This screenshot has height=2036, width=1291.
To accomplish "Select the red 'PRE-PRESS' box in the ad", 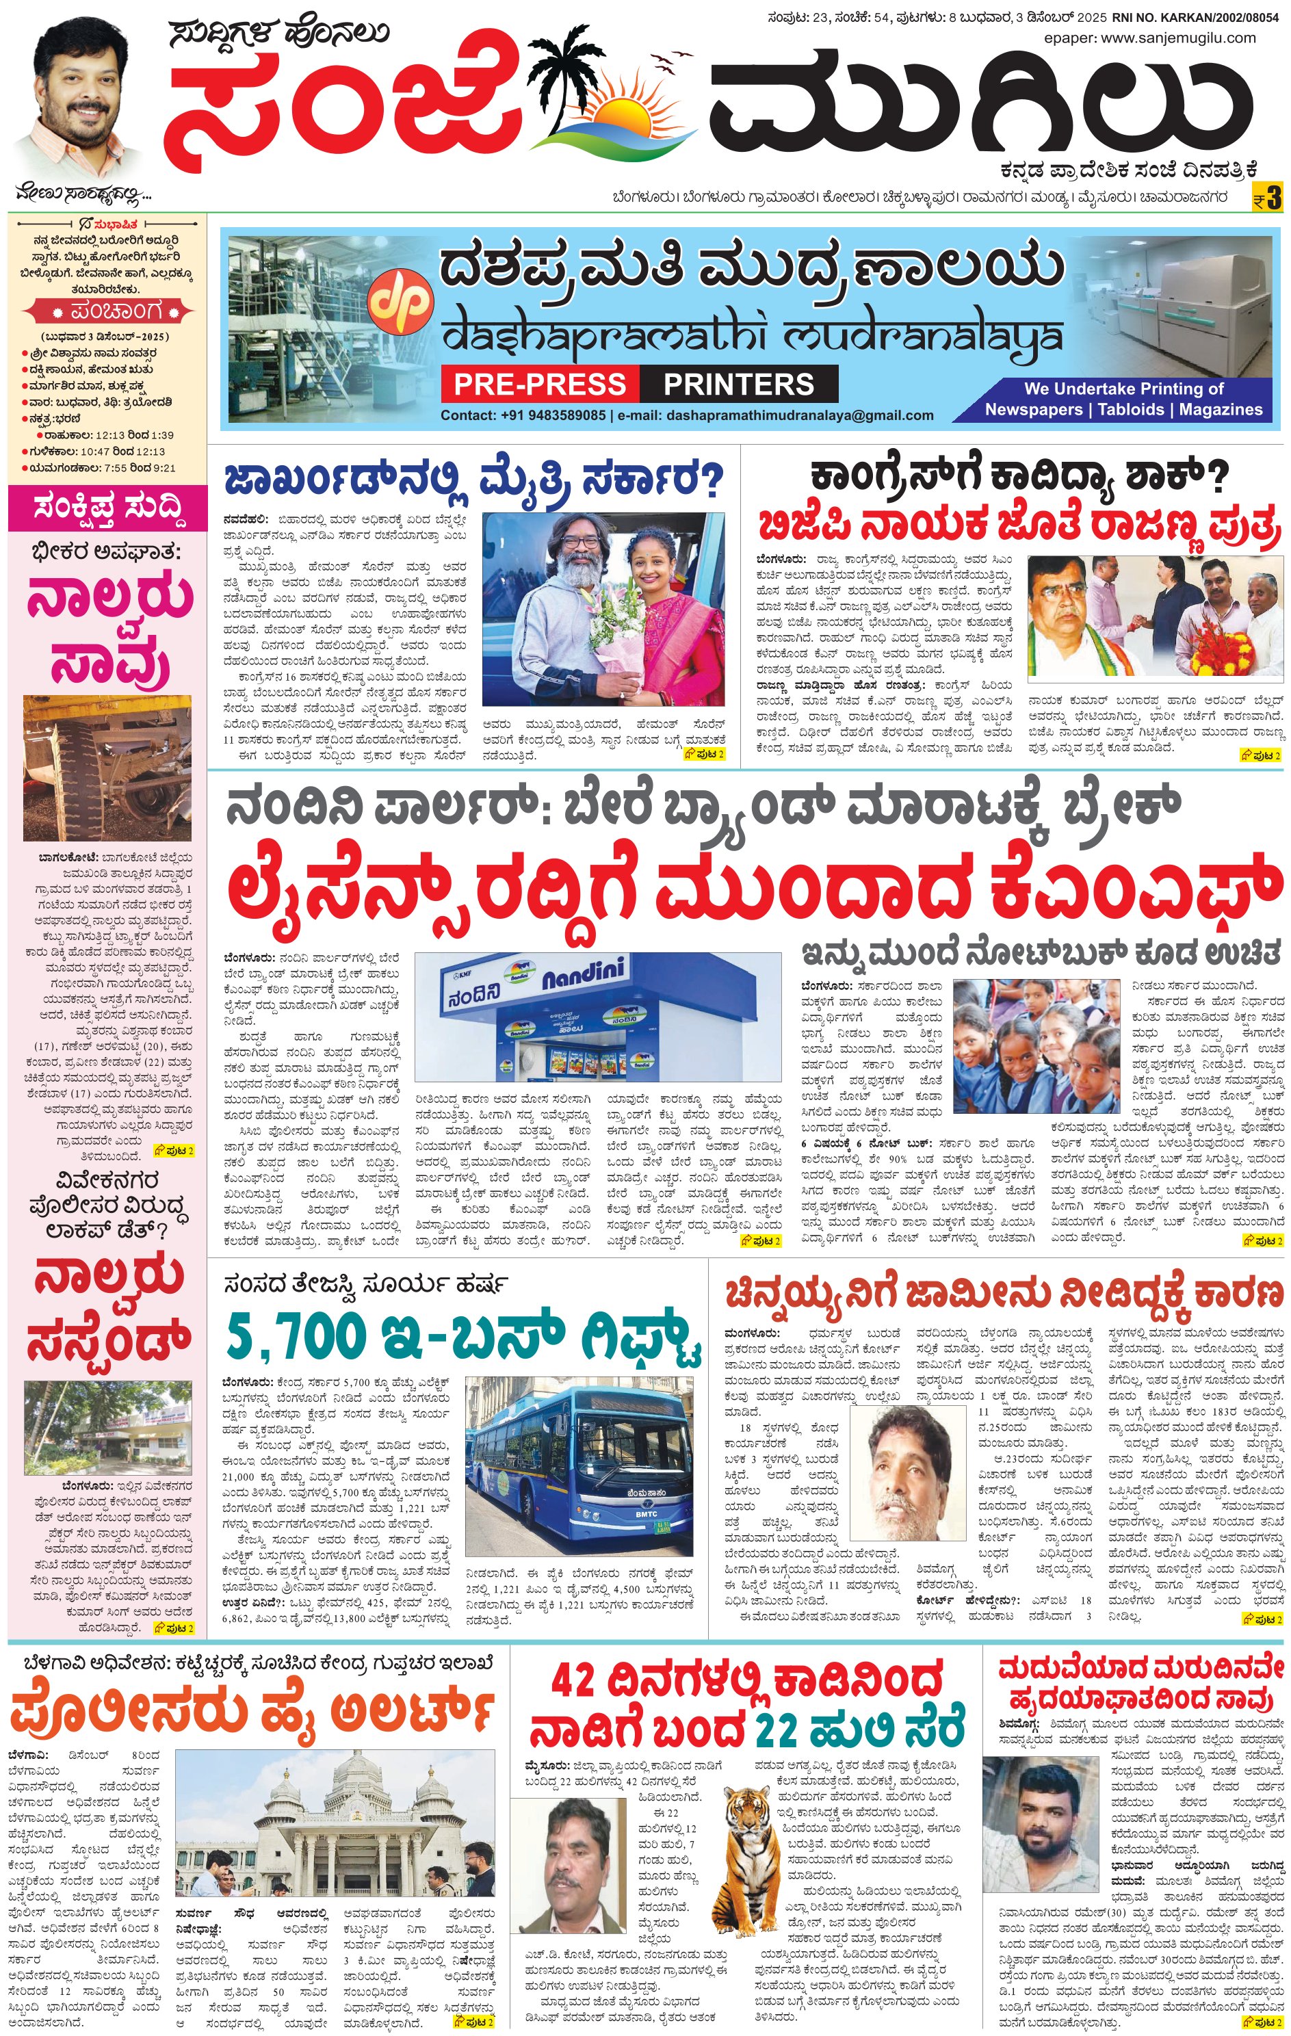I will point(538,384).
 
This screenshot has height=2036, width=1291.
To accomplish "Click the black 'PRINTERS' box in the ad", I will point(738,384).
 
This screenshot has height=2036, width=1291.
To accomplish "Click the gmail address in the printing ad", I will point(799,415).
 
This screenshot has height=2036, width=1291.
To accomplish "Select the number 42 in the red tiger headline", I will point(573,1680).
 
